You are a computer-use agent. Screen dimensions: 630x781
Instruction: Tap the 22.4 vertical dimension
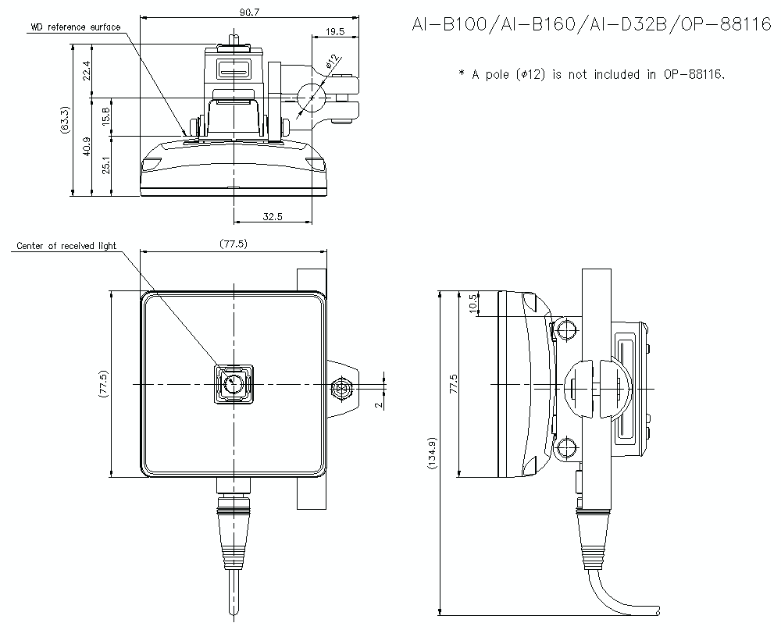[87, 70]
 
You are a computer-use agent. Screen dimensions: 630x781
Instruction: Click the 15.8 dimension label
[107, 117]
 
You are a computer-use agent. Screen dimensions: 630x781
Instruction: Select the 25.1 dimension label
[107, 166]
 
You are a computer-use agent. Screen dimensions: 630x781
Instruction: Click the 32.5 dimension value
[273, 216]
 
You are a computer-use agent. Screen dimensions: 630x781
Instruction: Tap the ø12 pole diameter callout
[332, 62]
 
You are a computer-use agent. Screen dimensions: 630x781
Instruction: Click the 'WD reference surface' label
[76, 27]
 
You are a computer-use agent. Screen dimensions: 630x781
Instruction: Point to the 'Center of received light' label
[66, 246]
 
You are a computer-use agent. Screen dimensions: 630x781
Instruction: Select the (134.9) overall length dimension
[433, 454]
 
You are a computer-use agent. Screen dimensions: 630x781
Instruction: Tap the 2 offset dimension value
[377, 404]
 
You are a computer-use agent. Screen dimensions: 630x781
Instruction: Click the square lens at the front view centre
[234, 383]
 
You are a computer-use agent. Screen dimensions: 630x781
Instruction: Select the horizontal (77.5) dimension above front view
[233, 244]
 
